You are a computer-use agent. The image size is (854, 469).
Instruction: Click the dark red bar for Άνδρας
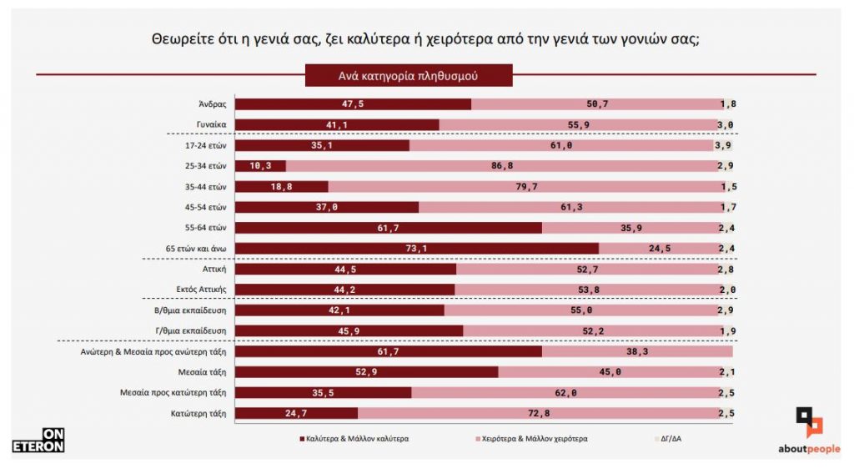point(353,104)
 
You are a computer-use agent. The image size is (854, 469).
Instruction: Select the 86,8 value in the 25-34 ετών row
point(502,166)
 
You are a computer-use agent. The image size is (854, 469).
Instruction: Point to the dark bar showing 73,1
point(417,248)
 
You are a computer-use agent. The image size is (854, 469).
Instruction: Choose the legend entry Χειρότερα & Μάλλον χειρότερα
point(534,437)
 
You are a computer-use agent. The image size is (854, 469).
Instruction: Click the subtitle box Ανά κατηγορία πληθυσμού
point(408,75)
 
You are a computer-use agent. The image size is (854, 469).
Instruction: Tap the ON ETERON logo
point(38,441)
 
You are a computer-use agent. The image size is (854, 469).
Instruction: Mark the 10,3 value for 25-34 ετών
point(261,166)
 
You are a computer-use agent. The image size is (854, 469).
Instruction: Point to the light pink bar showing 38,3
point(637,350)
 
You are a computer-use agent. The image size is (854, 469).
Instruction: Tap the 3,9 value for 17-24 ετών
point(724,145)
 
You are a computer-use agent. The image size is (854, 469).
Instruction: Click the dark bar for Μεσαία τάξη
point(367,371)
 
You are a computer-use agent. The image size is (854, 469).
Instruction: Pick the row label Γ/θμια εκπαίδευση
point(193,330)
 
